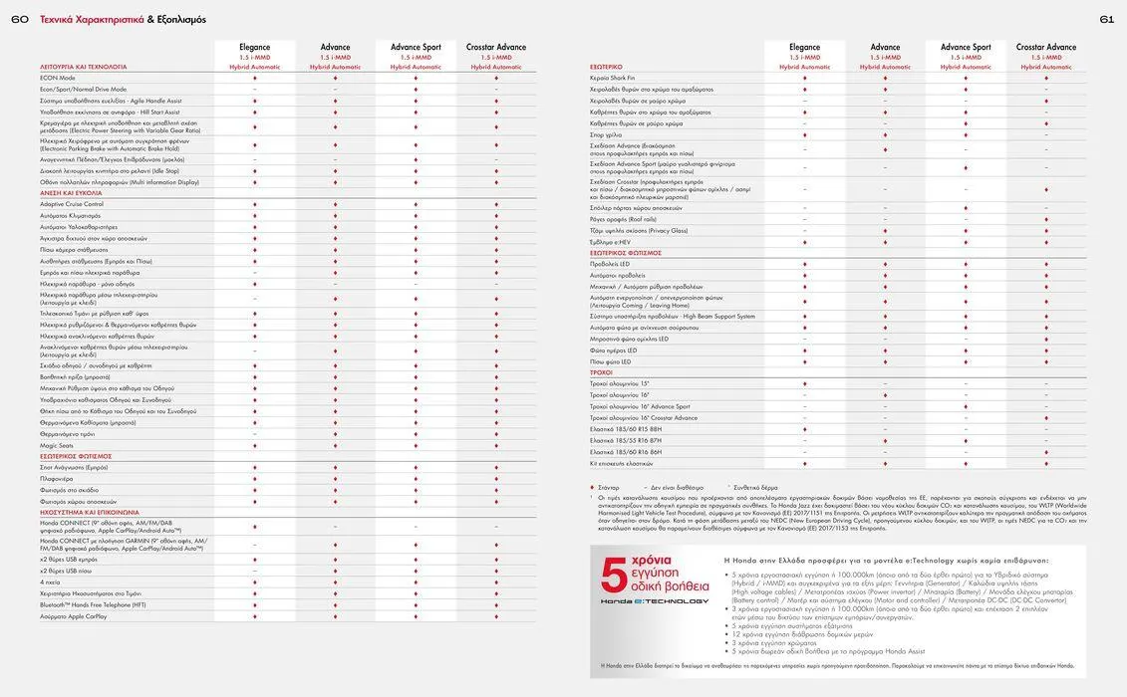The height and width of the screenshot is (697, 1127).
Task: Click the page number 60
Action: [20, 19]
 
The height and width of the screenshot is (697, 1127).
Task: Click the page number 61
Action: [1107, 19]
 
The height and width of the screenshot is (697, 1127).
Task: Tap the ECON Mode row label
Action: [58, 78]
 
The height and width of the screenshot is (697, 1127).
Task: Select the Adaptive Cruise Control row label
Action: [72, 204]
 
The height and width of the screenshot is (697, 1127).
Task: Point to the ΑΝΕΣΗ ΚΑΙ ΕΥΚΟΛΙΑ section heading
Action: [72, 193]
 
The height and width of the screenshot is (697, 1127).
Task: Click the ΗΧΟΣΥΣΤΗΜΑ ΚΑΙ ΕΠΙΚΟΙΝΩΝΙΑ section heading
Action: [90, 512]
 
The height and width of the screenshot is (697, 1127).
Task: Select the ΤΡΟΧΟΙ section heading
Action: [601, 372]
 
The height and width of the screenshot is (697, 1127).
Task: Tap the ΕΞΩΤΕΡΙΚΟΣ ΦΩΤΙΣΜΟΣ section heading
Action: [626, 253]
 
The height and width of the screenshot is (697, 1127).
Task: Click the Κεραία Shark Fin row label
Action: [612, 78]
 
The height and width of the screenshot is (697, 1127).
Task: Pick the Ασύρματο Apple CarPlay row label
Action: [74, 616]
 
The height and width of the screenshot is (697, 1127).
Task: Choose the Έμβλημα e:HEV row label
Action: [610, 242]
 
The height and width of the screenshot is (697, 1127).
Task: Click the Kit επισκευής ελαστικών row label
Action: [621, 463]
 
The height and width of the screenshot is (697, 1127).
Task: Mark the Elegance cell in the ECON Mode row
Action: [255, 78]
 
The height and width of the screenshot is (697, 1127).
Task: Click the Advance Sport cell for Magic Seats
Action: [416, 445]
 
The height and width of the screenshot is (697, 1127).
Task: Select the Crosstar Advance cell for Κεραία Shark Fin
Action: [1046, 78]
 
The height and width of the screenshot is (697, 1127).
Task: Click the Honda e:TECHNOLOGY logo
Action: [655, 601]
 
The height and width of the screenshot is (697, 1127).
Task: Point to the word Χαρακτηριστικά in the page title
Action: [108, 19]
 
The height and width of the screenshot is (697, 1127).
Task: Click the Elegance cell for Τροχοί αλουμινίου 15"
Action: [805, 383]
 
